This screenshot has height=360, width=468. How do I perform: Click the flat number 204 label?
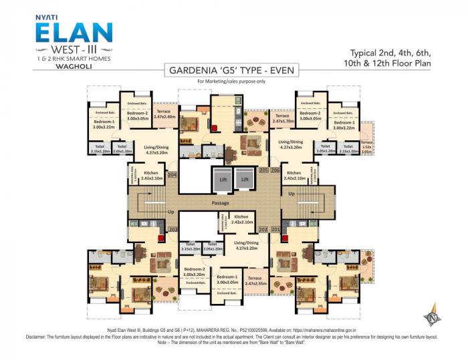coord(172,175)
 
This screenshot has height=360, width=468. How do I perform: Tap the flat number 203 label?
coord(172,230)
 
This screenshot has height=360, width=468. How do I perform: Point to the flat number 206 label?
coord(275,170)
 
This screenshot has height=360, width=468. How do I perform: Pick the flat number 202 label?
coord(263,230)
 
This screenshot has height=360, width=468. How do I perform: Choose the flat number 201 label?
coord(275,230)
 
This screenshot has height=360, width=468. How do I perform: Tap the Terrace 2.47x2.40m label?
coord(164,114)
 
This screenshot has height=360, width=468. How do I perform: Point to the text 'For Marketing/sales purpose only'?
coord(230,81)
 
